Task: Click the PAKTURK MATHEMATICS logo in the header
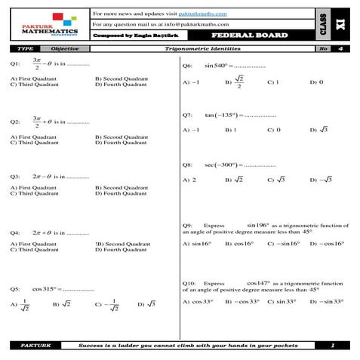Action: click(x=50, y=24)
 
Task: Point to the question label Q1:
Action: click(x=14, y=64)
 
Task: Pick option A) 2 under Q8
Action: click(x=189, y=180)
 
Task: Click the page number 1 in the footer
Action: click(x=333, y=345)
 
